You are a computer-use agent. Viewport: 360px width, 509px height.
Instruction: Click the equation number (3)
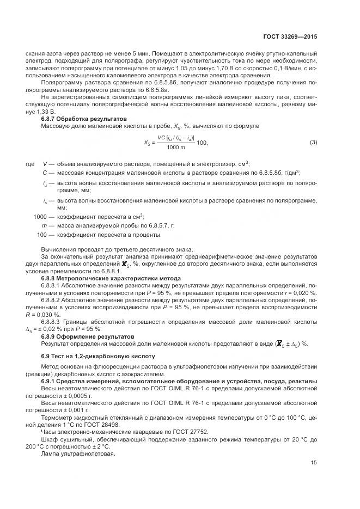click(313, 143)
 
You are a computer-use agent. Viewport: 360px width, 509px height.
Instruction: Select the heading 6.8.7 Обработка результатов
click(84, 118)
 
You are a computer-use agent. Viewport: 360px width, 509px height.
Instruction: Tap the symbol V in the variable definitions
click(44, 163)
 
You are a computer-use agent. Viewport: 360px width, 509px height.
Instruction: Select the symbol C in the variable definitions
click(44, 173)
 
